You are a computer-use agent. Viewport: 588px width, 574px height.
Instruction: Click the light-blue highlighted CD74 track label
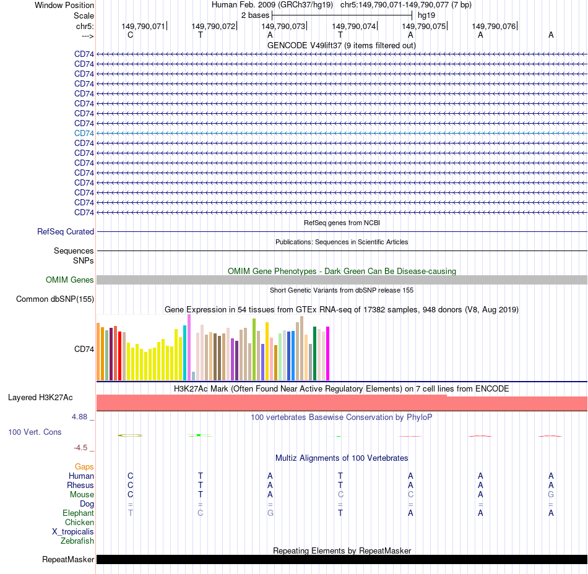click(x=84, y=133)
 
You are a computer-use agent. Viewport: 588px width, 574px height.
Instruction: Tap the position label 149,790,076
click(x=493, y=27)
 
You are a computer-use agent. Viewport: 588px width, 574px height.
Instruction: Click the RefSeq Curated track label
click(x=66, y=232)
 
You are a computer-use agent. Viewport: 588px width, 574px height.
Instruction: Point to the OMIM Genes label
click(x=70, y=280)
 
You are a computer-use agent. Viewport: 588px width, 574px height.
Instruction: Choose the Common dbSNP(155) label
click(x=55, y=299)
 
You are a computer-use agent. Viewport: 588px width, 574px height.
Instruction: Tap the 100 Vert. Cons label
click(x=35, y=432)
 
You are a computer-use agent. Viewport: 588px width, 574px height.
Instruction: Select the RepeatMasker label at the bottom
click(x=68, y=560)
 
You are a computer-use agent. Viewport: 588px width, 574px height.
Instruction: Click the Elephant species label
click(x=79, y=513)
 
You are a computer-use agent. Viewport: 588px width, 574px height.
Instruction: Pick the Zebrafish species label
click(x=77, y=541)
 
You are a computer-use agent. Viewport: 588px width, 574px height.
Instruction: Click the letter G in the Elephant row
click(x=270, y=513)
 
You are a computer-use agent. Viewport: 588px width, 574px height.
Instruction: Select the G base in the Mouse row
click(x=551, y=495)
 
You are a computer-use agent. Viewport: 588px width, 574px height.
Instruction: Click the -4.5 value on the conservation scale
click(x=82, y=448)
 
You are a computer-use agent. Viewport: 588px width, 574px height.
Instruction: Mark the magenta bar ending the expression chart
click(x=327, y=353)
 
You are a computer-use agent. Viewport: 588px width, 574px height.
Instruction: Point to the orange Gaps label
click(x=84, y=467)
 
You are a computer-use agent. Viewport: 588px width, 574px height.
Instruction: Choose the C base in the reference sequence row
click(x=130, y=35)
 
